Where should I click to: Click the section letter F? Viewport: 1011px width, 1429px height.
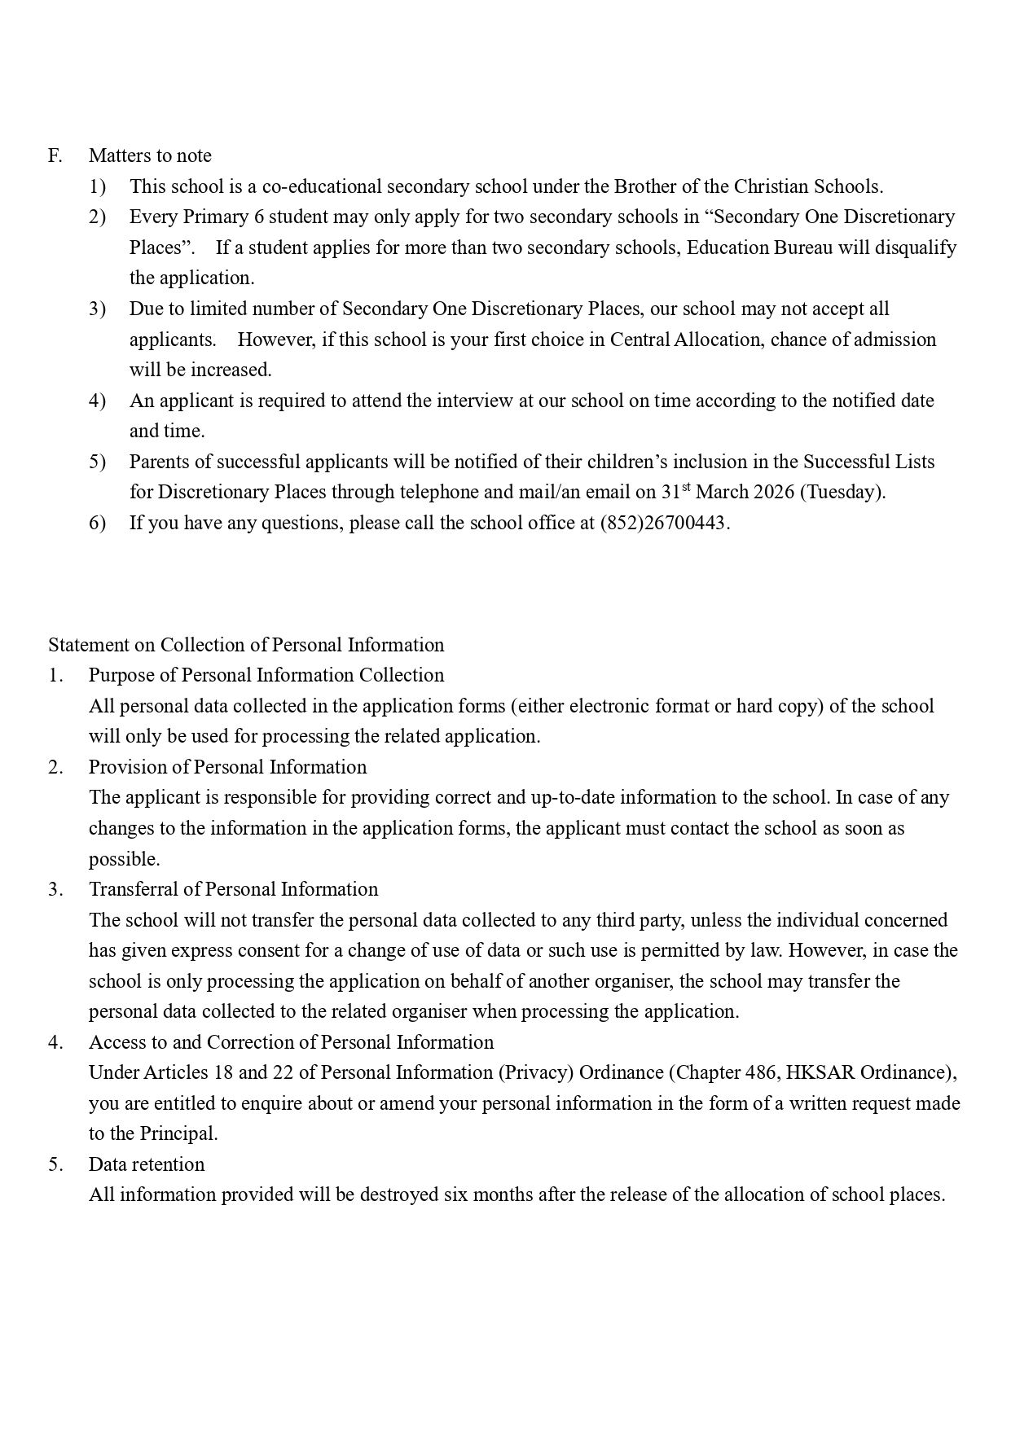click(55, 156)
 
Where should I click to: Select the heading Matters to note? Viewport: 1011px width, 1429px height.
click(150, 156)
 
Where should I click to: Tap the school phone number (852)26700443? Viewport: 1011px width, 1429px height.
click(663, 523)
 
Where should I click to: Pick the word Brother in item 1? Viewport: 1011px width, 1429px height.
click(644, 186)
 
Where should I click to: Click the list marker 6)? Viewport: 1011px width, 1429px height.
click(98, 523)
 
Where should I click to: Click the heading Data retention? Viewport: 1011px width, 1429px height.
click(147, 1164)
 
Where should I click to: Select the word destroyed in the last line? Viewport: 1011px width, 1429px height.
click(399, 1194)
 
